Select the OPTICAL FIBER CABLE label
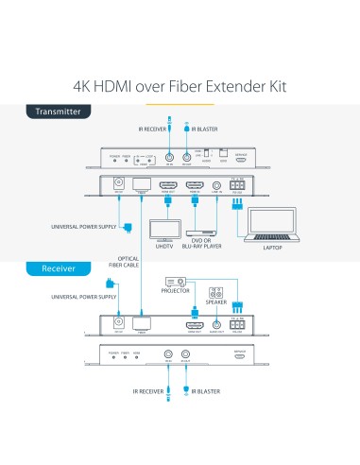tap(129, 262)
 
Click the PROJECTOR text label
tap(175, 292)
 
